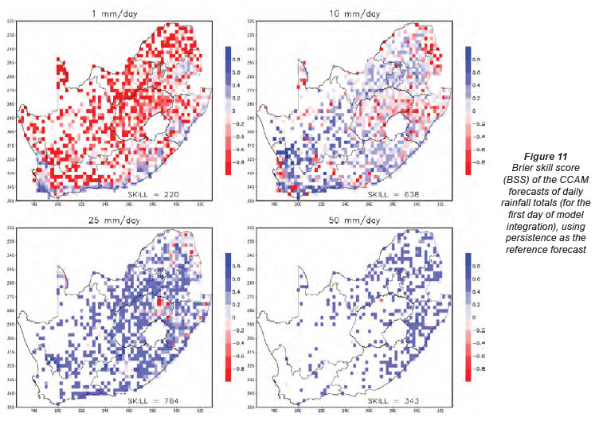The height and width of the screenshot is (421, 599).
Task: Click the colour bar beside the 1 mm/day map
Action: [229, 107]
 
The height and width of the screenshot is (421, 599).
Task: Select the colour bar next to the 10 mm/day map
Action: [468, 107]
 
